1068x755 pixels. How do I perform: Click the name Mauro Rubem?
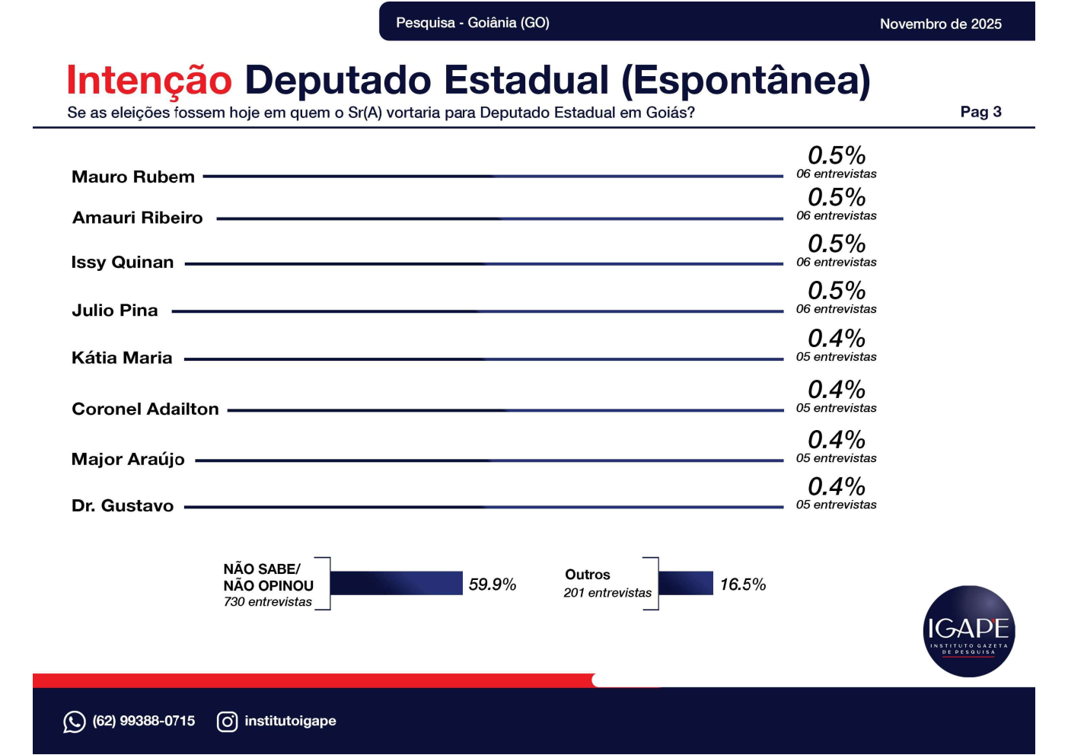[133, 177]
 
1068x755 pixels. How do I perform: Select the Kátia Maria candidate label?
[122, 358]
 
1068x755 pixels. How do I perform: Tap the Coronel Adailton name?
[145, 409]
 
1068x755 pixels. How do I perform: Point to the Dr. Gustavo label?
[123, 506]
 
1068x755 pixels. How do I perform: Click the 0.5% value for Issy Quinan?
[837, 244]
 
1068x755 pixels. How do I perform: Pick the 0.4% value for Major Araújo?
[837, 440]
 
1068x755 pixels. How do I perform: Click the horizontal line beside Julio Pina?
[477, 311]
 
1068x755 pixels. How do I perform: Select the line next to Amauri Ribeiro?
[499, 219]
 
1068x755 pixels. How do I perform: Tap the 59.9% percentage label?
[493, 585]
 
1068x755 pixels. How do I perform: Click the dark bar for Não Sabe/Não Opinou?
[397, 583]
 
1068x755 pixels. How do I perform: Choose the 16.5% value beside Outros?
[743, 585]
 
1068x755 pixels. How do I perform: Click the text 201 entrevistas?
[607, 593]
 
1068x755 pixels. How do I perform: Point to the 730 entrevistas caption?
[268, 602]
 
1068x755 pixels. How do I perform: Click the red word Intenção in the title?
[149, 81]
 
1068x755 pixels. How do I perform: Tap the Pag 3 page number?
[980, 112]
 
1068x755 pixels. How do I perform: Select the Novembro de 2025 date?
[940, 24]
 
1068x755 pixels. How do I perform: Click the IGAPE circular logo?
[968, 631]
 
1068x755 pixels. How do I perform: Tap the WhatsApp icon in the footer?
[75, 722]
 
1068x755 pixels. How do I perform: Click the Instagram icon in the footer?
[227, 722]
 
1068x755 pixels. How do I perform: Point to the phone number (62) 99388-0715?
[144, 721]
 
